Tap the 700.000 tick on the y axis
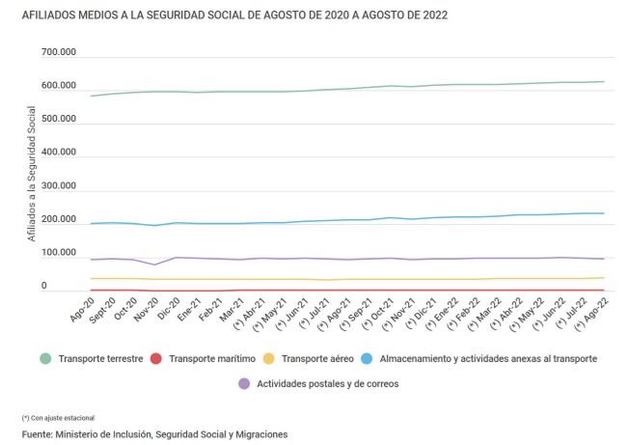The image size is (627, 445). (x=58, y=53)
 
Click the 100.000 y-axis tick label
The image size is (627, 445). (x=58, y=254)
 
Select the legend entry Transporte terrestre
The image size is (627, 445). (x=100, y=359)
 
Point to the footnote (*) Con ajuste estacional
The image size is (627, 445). (x=58, y=417)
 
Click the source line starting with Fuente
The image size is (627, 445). (x=154, y=434)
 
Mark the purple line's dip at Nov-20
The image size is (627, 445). (x=154, y=264)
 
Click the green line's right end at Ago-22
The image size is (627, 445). (x=604, y=82)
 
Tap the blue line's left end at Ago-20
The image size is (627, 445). (x=91, y=224)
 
